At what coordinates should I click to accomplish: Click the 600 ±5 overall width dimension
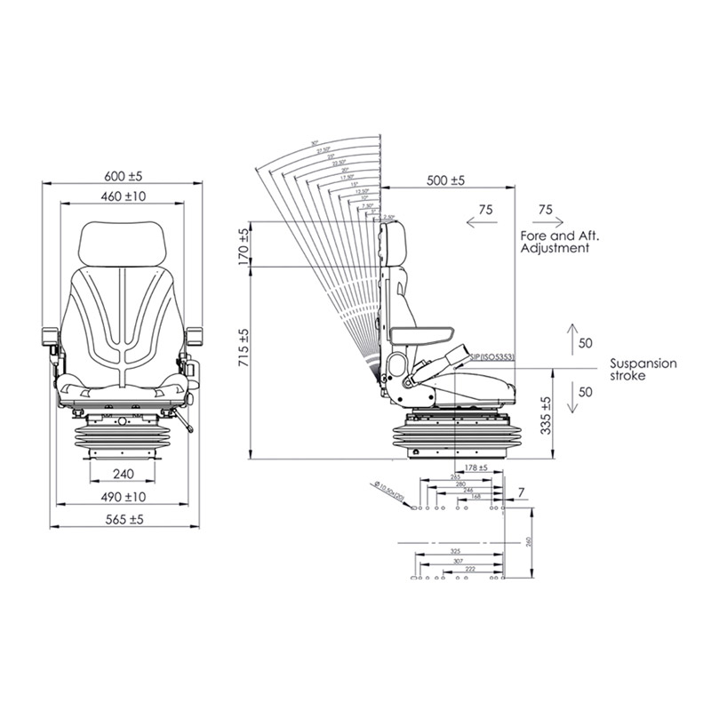[x=124, y=174]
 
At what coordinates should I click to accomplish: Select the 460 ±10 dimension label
[x=124, y=196]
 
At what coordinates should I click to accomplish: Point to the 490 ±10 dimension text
[x=124, y=496]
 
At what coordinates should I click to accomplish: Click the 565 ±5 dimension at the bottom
[x=124, y=518]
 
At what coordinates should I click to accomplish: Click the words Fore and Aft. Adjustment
[x=555, y=243]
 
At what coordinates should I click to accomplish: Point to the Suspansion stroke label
[x=643, y=370]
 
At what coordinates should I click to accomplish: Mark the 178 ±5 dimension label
[x=477, y=467]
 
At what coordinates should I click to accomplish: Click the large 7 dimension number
[x=521, y=491]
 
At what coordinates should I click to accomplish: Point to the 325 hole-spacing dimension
[x=456, y=552]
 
